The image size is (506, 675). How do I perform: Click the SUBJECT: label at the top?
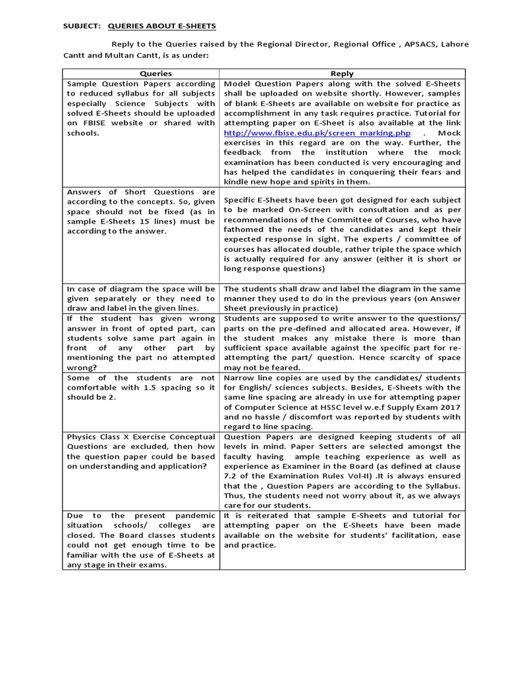pos(81,26)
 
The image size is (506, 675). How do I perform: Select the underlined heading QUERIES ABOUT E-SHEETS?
pos(161,26)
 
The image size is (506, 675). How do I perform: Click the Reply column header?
pos(342,74)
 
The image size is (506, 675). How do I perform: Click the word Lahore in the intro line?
pos(454,44)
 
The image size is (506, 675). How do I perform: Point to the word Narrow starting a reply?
pos(239,378)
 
